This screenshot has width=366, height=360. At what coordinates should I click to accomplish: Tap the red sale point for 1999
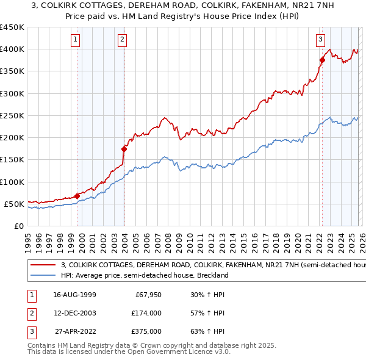click(77, 196)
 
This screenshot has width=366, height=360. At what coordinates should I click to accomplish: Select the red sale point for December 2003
click(124, 148)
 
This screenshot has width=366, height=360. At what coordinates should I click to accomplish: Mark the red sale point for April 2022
click(322, 60)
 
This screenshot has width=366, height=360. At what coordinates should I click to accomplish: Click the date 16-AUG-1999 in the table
click(74, 294)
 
